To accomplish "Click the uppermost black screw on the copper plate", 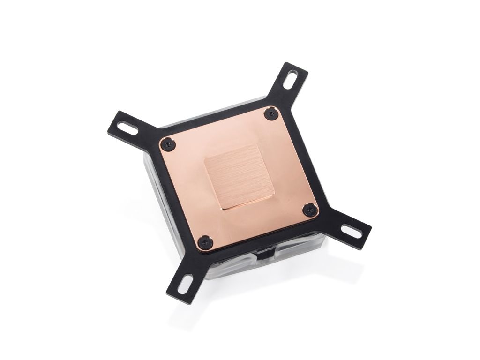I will pos(271,113).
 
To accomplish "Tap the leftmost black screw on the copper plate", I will pos(168,144).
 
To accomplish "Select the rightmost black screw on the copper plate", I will pos(310,210).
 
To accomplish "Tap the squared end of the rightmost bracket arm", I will pos(367,234).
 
